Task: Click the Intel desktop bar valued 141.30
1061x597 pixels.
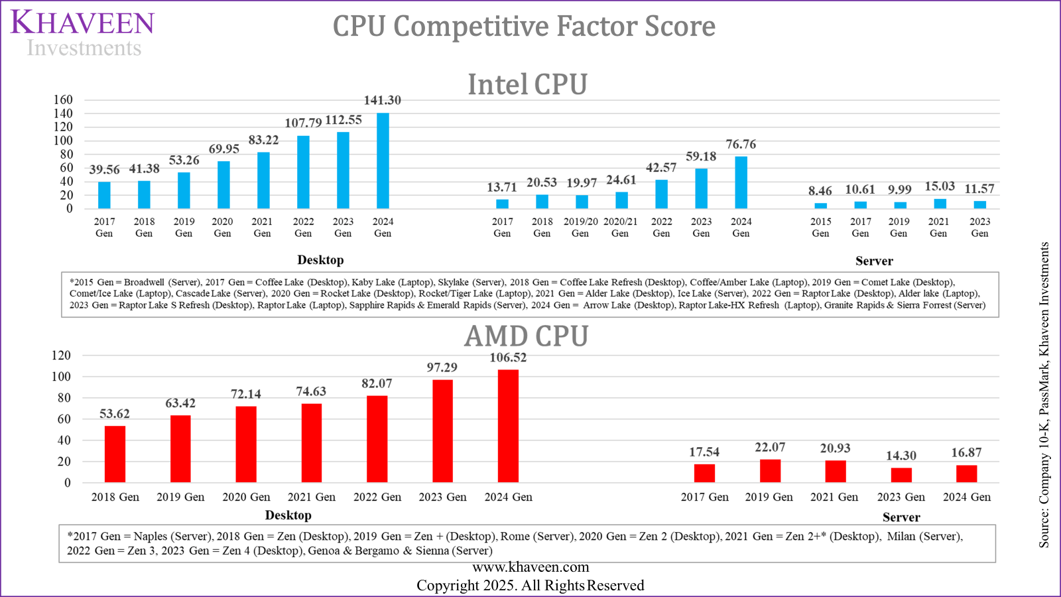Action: pyautogui.click(x=383, y=161)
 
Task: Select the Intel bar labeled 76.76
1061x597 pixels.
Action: pyautogui.click(x=741, y=183)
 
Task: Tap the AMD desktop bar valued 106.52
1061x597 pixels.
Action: pyautogui.click(x=508, y=426)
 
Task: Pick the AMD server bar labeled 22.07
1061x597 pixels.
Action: pyautogui.click(x=770, y=471)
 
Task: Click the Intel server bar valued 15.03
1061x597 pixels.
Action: pyautogui.click(x=940, y=204)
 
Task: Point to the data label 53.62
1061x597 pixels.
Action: pyautogui.click(x=115, y=414)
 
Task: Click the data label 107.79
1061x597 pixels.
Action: pyautogui.click(x=303, y=123)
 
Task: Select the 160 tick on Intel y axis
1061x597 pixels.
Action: pyautogui.click(x=63, y=100)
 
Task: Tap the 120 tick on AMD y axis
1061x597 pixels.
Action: pyautogui.click(x=61, y=356)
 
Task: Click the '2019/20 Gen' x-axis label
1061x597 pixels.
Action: pyautogui.click(x=580, y=228)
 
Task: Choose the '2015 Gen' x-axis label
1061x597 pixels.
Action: pyautogui.click(x=820, y=228)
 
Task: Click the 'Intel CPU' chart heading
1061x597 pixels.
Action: pyautogui.click(x=527, y=85)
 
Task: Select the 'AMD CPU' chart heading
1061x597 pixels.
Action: pyautogui.click(x=526, y=336)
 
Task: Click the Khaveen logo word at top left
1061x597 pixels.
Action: pyautogui.click(x=82, y=23)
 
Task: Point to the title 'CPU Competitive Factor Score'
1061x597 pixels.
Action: pyautogui.click(x=524, y=27)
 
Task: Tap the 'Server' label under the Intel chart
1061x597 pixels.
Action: pyautogui.click(x=873, y=261)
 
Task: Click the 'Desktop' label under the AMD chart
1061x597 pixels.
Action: pyautogui.click(x=288, y=515)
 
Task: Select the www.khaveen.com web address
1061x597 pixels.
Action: pyautogui.click(x=530, y=567)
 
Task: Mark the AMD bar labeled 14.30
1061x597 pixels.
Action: pyautogui.click(x=901, y=475)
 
